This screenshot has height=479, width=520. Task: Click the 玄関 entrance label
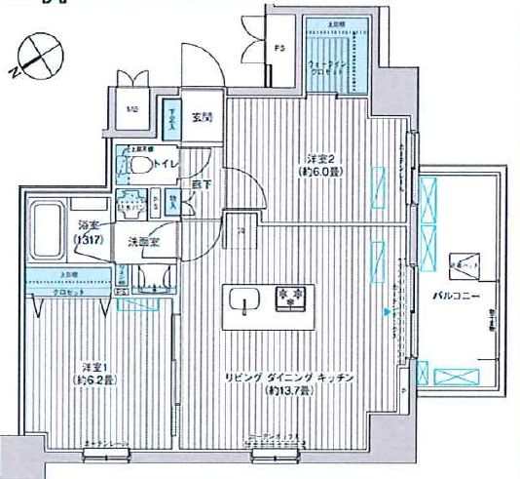(202, 118)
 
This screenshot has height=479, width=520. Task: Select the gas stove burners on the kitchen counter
(288, 295)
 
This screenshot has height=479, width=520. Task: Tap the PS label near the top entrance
(279, 48)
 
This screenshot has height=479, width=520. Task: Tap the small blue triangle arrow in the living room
(388, 312)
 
